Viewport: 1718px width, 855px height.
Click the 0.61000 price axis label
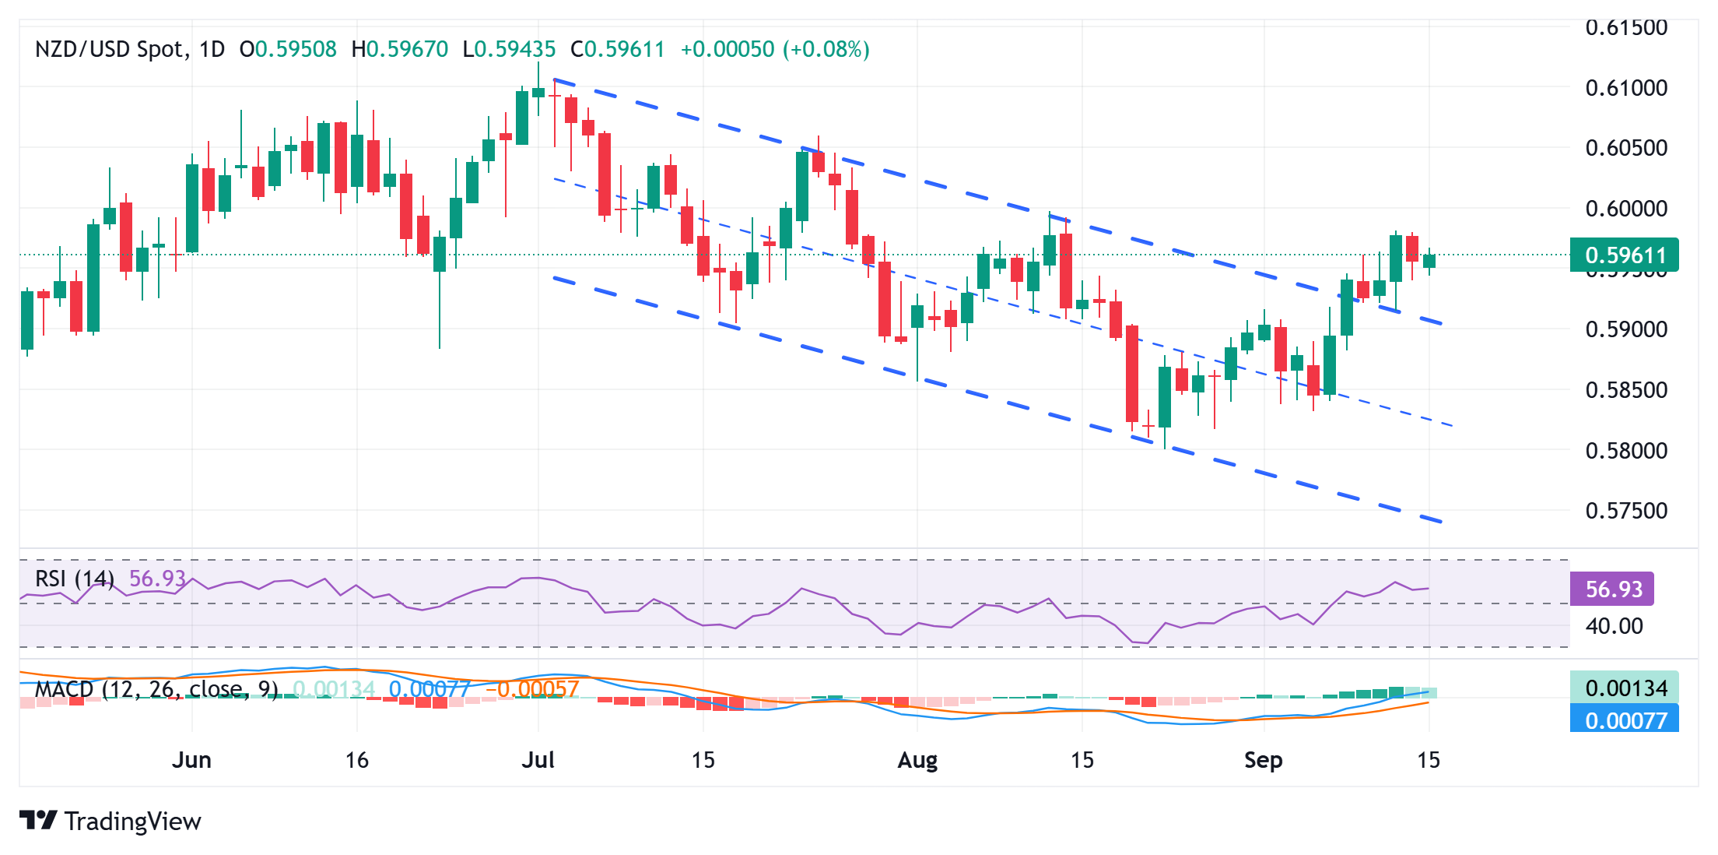(1625, 88)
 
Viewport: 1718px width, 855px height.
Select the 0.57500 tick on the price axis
(1625, 511)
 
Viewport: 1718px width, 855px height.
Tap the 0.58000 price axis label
(1625, 450)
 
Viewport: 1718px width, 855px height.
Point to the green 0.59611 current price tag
(1624, 255)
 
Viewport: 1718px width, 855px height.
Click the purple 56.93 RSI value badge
(1612, 589)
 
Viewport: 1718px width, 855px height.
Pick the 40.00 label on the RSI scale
(1614, 626)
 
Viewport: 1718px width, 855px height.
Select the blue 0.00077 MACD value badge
(1625, 720)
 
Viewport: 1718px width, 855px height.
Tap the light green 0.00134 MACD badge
(1625, 688)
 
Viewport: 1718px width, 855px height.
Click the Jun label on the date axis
(191, 760)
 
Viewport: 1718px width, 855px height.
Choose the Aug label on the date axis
(917, 760)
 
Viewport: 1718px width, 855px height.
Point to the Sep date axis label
(1263, 760)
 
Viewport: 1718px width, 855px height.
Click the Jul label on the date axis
(538, 760)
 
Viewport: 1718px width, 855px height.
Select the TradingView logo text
(132, 822)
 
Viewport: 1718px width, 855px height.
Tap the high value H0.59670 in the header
(400, 50)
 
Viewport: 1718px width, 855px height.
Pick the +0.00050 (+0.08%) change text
(775, 50)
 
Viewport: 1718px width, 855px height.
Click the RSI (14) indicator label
(75, 579)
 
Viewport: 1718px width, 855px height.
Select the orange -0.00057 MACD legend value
(532, 689)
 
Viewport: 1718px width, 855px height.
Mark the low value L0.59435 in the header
(509, 50)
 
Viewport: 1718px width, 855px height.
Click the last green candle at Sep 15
(1429, 261)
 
